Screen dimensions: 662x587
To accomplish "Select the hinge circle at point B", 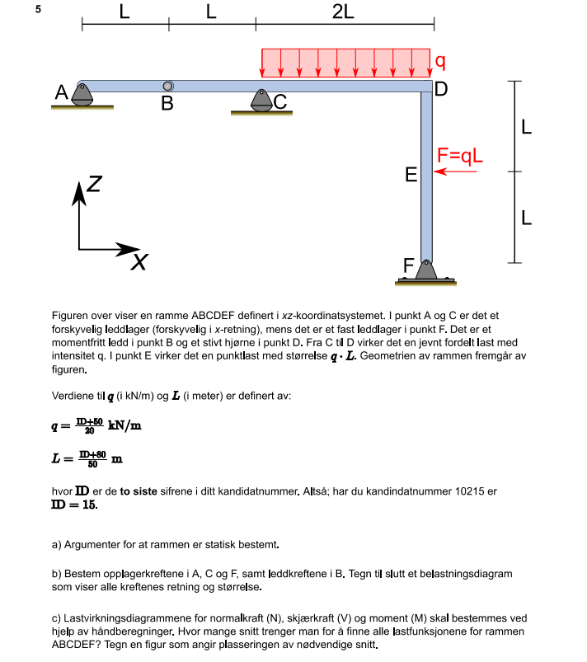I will click(167, 86).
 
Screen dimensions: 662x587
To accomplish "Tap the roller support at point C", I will click(261, 101).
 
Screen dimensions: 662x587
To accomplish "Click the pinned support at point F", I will click(425, 271).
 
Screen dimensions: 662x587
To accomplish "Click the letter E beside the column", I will click(411, 175).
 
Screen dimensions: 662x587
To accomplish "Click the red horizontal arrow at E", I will click(450, 171).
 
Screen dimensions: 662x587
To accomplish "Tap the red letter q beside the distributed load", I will click(440, 61).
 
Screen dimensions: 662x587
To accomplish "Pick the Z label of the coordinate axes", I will click(94, 185).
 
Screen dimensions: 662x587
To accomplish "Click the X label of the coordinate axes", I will click(141, 262).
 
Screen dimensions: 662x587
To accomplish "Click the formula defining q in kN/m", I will click(95, 425).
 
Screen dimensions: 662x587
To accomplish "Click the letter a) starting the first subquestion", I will click(57, 544).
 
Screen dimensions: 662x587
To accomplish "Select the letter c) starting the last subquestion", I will click(57, 618).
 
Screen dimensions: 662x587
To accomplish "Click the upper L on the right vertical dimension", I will click(526, 128).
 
